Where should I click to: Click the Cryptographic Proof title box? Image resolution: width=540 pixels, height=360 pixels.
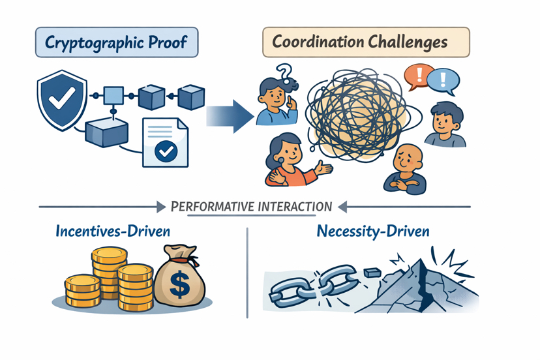[x=115, y=42]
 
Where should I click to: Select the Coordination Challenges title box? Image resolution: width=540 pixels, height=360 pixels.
[x=365, y=42]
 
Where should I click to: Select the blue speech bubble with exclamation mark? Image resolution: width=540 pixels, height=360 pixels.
[x=444, y=81]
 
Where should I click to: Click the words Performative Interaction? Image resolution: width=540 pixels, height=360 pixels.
[x=251, y=207]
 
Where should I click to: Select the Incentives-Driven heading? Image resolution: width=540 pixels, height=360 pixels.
[x=113, y=232]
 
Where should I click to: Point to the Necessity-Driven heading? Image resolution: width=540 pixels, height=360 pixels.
[x=372, y=232]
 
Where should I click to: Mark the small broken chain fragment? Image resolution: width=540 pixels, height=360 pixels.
[x=371, y=269]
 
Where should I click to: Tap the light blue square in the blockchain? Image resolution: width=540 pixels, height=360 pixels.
[x=113, y=96]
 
